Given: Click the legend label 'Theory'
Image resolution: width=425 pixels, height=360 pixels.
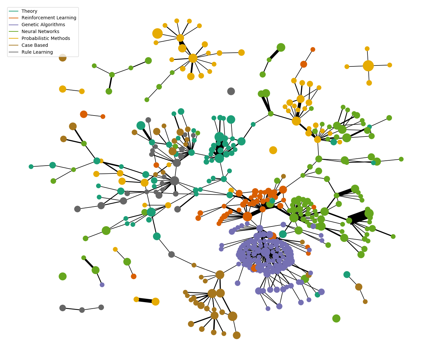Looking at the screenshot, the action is (29, 11).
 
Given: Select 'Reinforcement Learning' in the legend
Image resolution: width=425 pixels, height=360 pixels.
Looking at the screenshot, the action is (49, 18).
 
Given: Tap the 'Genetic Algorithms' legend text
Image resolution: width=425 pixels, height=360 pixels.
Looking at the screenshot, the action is (43, 25).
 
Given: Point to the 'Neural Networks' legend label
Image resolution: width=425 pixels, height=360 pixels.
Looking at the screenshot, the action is (40, 32).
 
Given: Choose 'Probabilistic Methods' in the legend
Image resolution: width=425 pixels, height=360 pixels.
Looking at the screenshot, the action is (46, 39).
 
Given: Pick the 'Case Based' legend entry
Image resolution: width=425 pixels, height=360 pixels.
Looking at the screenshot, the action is (35, 45).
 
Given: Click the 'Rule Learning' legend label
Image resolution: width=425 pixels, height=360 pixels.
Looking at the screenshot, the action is (37, 52).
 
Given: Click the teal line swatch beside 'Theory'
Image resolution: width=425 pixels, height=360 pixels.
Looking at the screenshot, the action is (14, 11).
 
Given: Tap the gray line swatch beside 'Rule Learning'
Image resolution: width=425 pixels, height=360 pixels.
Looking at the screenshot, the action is (14, 52).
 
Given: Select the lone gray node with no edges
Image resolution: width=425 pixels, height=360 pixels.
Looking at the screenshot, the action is (231, 91).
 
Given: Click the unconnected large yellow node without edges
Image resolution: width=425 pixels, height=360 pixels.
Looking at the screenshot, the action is (273, 150).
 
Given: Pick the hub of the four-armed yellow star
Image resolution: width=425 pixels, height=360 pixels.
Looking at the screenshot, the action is (368, 65).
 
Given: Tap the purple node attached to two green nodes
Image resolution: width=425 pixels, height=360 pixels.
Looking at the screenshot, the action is (102, 285).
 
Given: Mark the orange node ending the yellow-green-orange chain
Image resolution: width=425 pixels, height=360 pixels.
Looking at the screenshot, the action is (134, 277).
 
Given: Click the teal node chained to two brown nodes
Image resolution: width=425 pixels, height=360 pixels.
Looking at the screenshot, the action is (347, 275).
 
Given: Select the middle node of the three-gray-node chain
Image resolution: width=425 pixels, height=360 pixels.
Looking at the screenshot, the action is (82, 310).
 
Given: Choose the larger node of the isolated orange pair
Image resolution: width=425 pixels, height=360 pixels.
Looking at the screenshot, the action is (84, 114).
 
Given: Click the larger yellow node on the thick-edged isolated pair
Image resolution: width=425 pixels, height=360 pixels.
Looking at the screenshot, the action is (156, 302).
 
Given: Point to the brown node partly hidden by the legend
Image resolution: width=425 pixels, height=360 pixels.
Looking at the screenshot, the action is (62, 58).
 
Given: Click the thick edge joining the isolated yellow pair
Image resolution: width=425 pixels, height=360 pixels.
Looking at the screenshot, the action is (145, 300).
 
